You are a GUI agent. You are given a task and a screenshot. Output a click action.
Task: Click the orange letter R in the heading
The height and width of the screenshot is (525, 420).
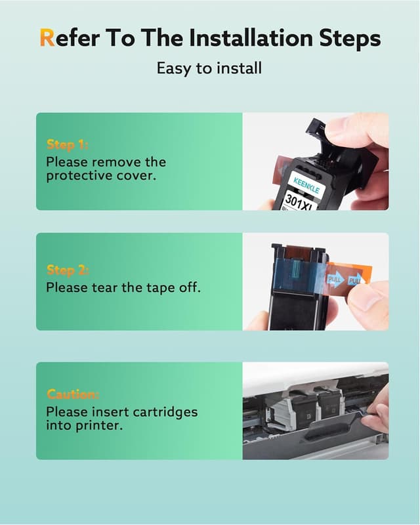pyautogui.click(x=47, y=38)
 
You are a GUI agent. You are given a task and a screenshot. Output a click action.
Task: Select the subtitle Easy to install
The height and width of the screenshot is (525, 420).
pyautogui.click(x=209, y=68)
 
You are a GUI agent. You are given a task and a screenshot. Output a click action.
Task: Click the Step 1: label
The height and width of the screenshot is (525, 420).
pyautogui.click(x=68, y=144)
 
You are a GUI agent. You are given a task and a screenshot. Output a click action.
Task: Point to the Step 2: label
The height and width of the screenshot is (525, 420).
pyautogui.click(x=68, y=270)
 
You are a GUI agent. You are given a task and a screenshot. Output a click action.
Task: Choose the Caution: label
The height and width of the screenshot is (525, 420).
pyautogui.click(x=73, y=394)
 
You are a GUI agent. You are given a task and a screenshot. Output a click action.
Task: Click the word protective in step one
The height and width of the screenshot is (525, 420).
pyautogui.click(x=79, y=176)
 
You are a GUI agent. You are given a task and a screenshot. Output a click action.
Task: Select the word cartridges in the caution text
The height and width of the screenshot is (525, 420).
pyautogui.click(x=165, y=413)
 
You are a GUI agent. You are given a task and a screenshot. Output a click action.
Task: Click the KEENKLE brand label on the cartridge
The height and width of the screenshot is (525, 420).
pyautogui.click(x=306, y=186)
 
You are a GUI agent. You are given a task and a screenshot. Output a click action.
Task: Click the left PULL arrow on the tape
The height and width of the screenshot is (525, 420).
pyautogui.click(x=335, y=280)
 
